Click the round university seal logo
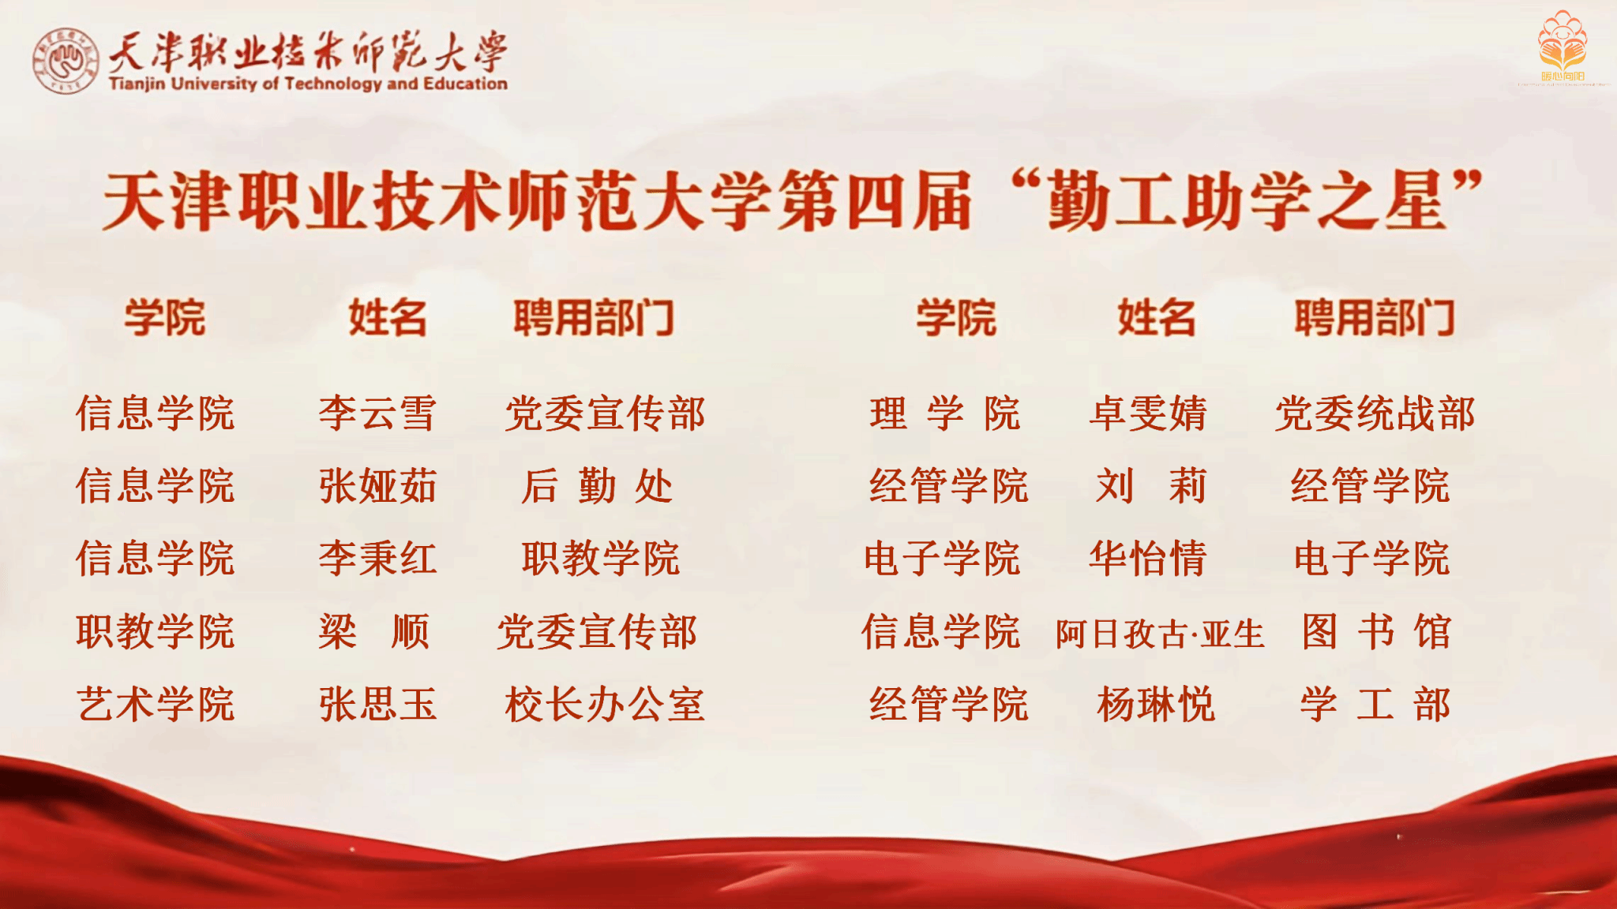pyautogui.click(x=65, y=62)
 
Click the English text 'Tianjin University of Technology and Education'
pyautogui.click(x=308, y=83)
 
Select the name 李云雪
pyautogui.click(x=377, y=413)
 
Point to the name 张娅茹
pyautogui.click(x=377, y=486)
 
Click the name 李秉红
pyautogui.click(x=377, y=559)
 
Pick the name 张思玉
pyautogui.click(x=377, y=704)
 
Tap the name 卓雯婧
pyautogui.click(x=1148, y=413)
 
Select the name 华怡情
pyautogui.click(x=1148, y=559)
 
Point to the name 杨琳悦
pyautogui.click(x=1156, y=704)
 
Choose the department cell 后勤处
pyautogui.click(x=597, y=486)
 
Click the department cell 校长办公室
pyautogui.click(x=605, y=704)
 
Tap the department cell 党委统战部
pyautogui.click(x=1375, y=413)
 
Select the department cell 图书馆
pyautogui.click(x=1376, y=631)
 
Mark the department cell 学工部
pyautogui.click(x=1375, y=704)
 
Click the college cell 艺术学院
pyautogui.click(x=156, y=704)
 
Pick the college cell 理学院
pyautogui.click(x=945, y=413)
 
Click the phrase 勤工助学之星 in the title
pyautogui.click(x=1247, y=202)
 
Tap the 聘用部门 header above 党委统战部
pyautogui.click(x=1375, y=318)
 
